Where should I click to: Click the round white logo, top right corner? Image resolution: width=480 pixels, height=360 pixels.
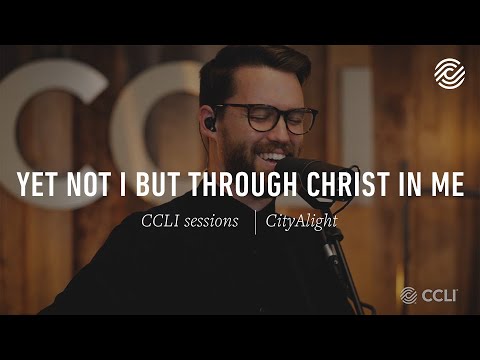449,73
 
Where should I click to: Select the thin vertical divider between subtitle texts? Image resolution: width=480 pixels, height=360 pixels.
255,220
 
